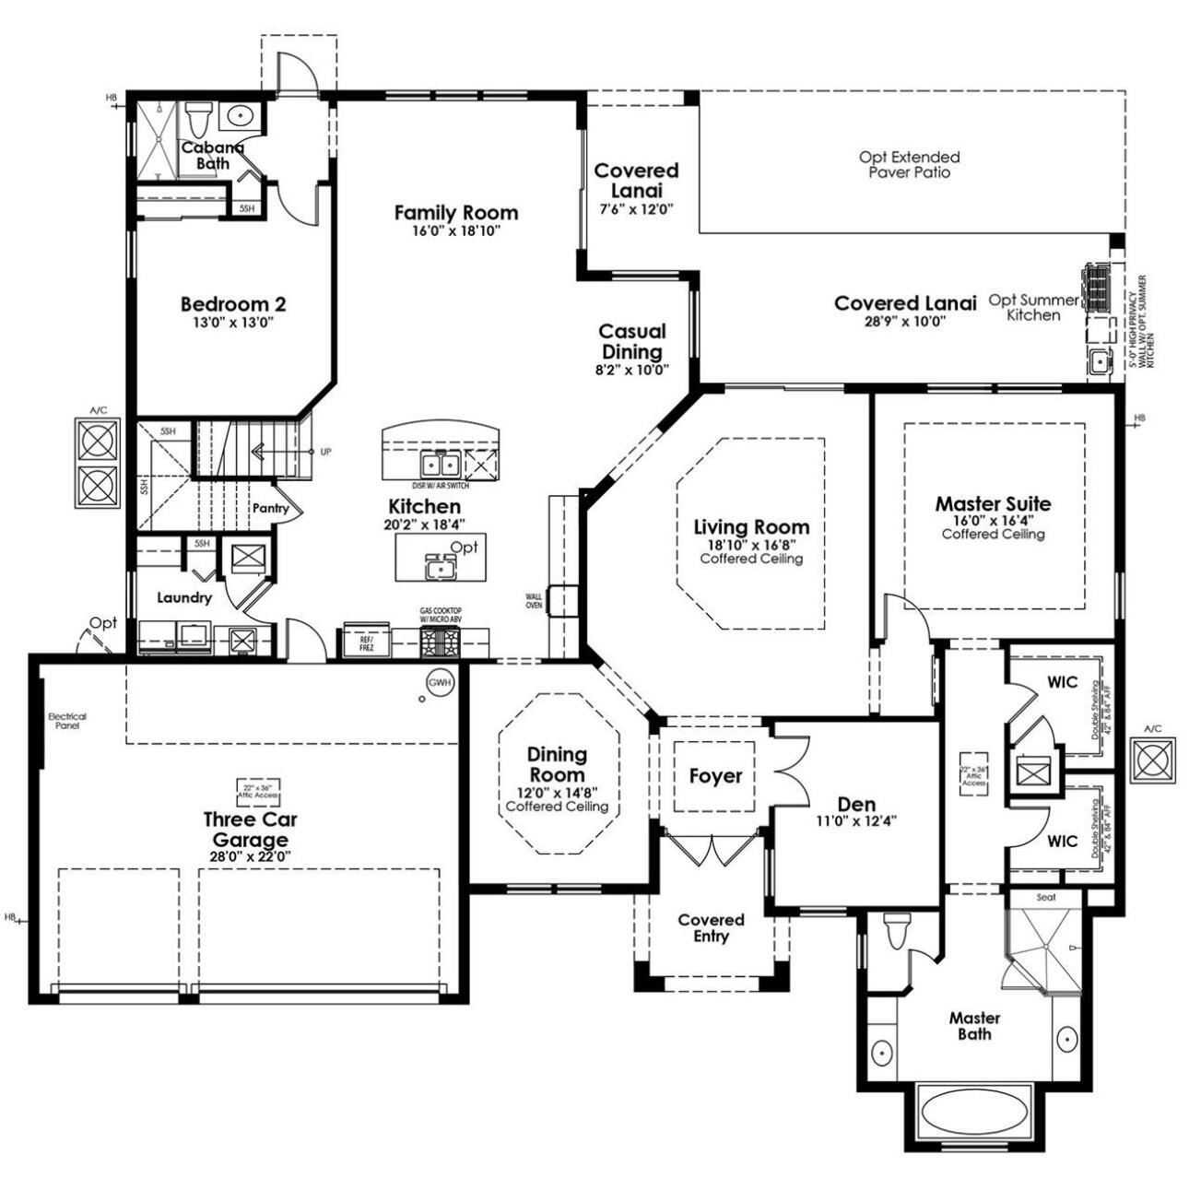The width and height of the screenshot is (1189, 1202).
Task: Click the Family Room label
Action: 455,213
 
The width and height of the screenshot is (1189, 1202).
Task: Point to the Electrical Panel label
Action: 66,721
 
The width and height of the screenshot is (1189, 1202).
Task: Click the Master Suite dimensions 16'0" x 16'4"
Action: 992,520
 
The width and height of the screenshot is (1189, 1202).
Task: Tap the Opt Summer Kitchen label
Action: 1032,307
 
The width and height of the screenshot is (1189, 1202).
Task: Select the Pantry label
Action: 270,508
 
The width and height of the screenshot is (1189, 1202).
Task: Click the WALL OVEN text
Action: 534,601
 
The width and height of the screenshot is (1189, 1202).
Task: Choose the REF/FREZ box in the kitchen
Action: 366,642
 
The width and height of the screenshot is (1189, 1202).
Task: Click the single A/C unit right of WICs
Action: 1152,760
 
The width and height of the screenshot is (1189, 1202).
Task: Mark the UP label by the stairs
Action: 324,452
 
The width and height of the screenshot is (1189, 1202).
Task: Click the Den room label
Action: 856,804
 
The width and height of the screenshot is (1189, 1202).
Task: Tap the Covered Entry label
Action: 710,927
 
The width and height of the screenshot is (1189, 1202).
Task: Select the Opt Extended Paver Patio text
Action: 909,164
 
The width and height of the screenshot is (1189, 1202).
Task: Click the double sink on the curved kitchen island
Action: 439,462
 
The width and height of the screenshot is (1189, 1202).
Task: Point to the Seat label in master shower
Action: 1045,897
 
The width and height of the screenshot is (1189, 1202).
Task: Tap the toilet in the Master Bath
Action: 895,931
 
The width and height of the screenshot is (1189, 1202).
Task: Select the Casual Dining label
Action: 632,341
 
